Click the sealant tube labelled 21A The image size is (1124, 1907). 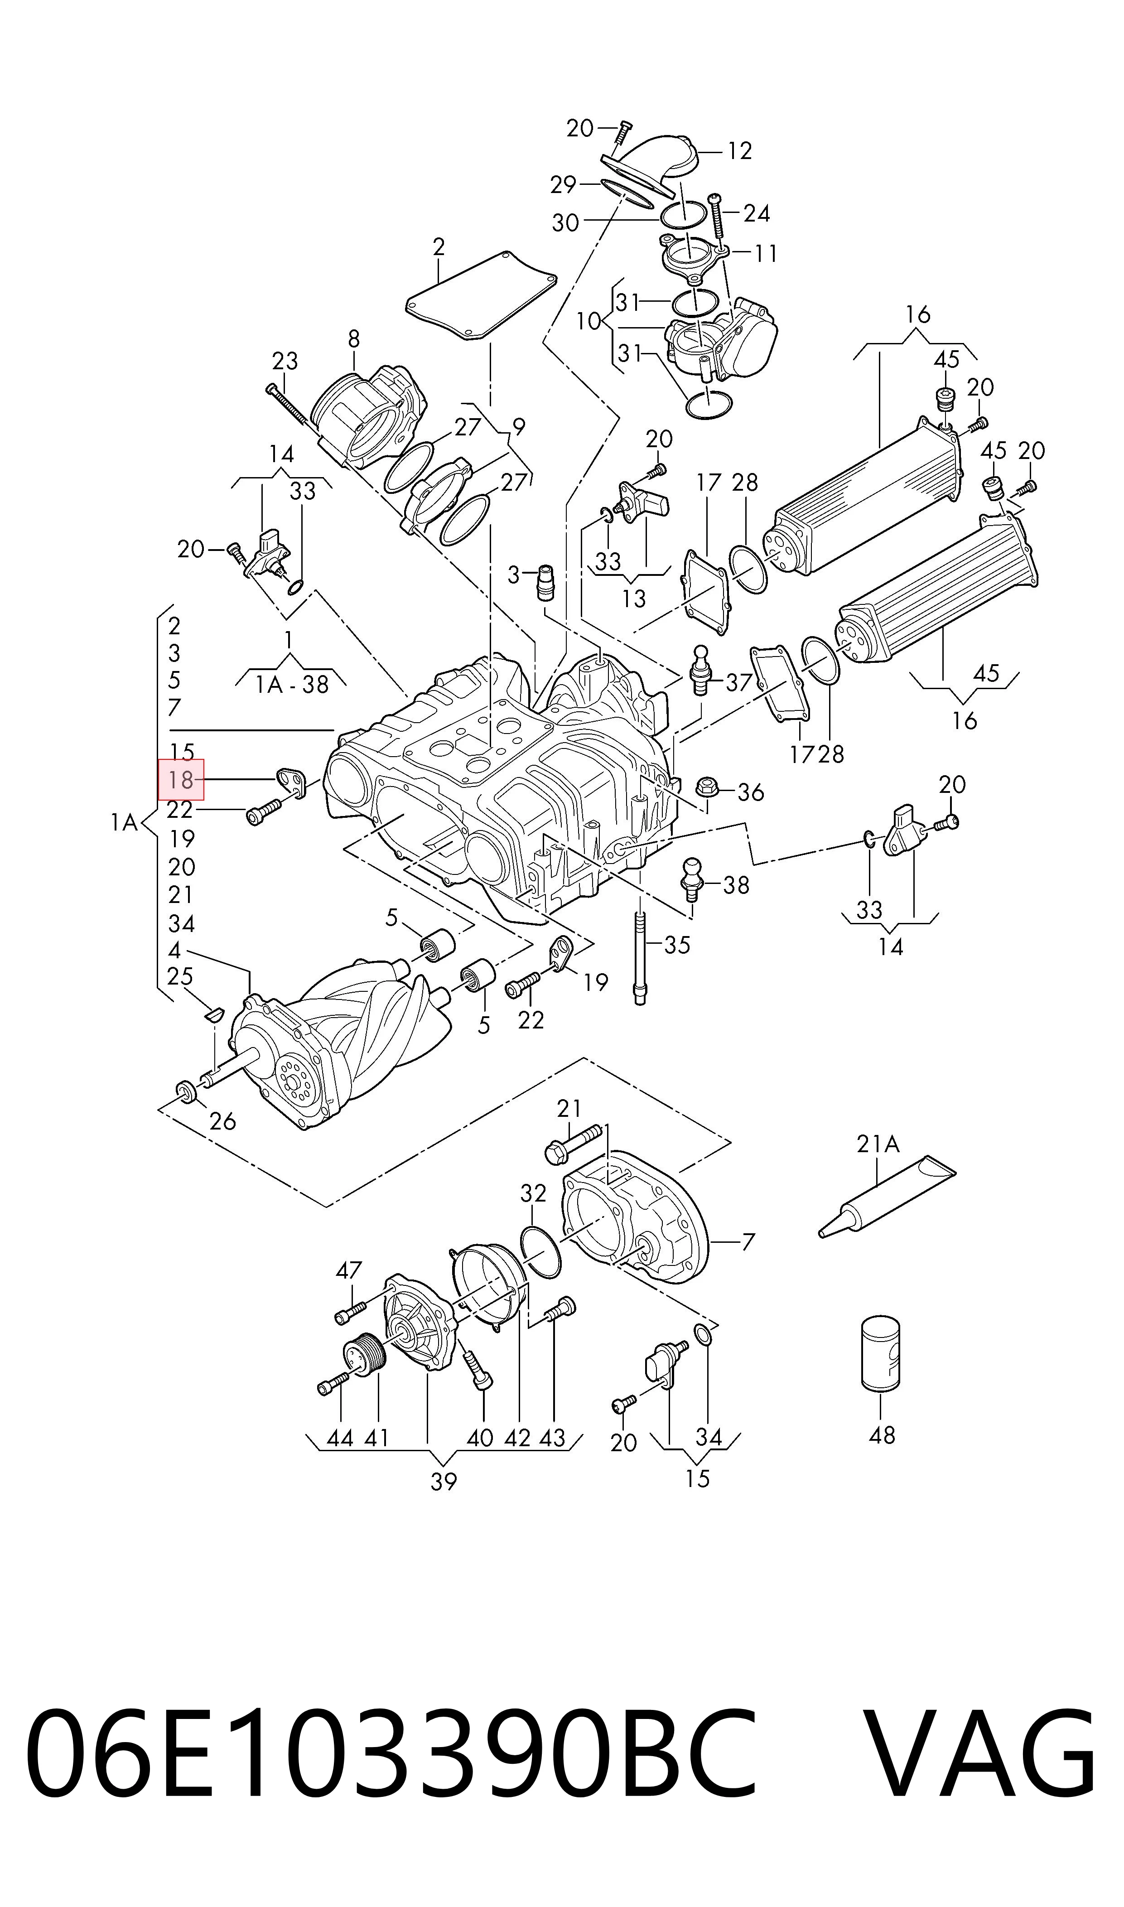pyautogui.click(x=887, y=1195)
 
